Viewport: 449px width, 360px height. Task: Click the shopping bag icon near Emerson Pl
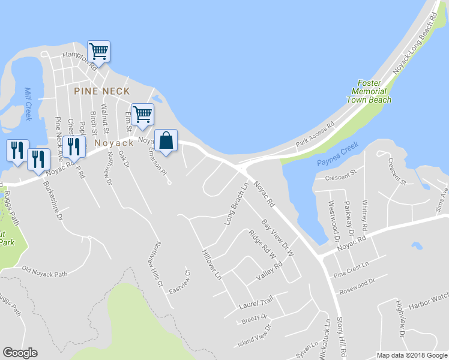166,141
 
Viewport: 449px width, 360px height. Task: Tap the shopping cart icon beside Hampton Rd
98,51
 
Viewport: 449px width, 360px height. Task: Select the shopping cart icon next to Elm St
142,114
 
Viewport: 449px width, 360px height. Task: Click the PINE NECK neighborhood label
102,91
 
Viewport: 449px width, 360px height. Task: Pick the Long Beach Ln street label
237,204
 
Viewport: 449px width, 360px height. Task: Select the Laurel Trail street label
256,301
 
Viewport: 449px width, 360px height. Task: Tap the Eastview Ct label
179,281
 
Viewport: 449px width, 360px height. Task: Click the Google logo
20,353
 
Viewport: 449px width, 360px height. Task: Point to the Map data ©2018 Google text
411,355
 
